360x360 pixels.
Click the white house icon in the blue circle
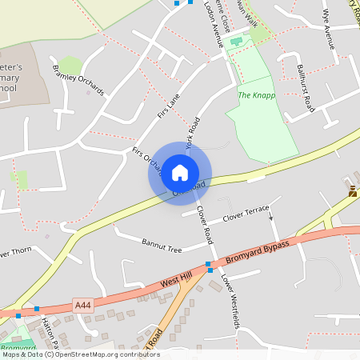click(x=180, y=172)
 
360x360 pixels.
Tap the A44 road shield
click(x=82, y=305)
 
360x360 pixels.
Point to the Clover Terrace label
click(x=246, y=212)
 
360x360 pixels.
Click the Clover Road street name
click(x=205, y=225)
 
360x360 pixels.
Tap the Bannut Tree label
click(x=162, y=245)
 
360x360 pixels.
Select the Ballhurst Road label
click(x=305, y=87)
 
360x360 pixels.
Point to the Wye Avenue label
click(x=327, y=30)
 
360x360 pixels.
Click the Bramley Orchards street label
click(x=78, y=79)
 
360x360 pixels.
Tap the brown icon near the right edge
click(x=353, y=190)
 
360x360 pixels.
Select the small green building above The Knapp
click(x=236, y=40)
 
